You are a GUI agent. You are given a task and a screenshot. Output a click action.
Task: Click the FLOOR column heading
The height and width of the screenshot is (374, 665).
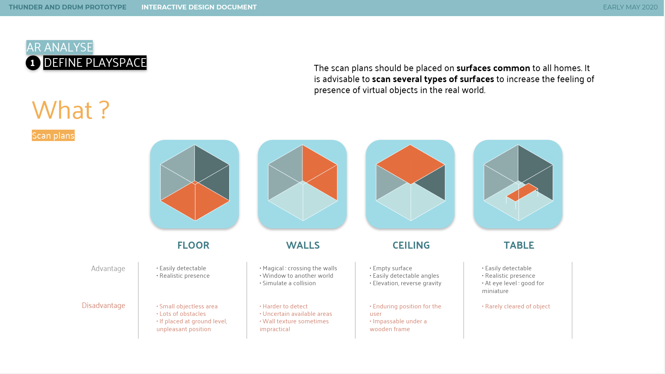193,245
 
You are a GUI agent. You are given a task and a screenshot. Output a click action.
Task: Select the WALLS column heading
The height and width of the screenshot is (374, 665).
303,245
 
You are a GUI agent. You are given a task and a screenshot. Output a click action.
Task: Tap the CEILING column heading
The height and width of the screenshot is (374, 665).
411,245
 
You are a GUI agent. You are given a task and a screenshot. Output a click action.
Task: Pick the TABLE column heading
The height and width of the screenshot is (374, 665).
519,245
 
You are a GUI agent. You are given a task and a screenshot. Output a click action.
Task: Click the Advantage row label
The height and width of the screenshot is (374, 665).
108,269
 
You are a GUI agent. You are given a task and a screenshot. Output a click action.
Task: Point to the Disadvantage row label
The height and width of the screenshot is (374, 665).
103,305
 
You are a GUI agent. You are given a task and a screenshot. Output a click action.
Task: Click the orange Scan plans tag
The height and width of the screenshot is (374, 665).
53,136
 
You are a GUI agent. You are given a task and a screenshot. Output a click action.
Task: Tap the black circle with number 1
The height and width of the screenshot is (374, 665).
33,63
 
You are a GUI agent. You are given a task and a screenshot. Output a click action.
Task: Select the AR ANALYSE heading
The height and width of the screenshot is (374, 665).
59,47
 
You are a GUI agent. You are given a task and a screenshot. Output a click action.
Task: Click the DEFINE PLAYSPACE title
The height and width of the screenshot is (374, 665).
95,62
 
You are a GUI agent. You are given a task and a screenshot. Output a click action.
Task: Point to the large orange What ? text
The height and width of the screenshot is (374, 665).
71,110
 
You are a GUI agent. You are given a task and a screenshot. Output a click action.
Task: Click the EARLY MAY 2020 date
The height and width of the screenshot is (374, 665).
630,7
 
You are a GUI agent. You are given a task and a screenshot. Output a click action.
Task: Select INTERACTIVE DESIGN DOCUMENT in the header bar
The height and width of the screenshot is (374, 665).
199,7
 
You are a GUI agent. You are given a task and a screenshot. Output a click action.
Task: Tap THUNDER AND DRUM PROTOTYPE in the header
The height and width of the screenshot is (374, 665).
67,7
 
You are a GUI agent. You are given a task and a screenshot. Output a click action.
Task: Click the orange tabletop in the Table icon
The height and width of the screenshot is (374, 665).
522,192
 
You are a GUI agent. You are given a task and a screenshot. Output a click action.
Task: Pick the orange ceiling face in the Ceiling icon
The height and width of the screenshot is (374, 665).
411,164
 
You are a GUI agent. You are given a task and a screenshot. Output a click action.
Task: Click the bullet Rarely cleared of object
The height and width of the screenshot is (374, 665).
516,306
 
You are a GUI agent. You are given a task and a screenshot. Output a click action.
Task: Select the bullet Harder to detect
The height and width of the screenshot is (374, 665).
283,306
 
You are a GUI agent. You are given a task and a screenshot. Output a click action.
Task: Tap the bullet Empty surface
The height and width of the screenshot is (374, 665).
391,268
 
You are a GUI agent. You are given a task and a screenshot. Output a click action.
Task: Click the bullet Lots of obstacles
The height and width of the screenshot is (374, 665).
181,314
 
